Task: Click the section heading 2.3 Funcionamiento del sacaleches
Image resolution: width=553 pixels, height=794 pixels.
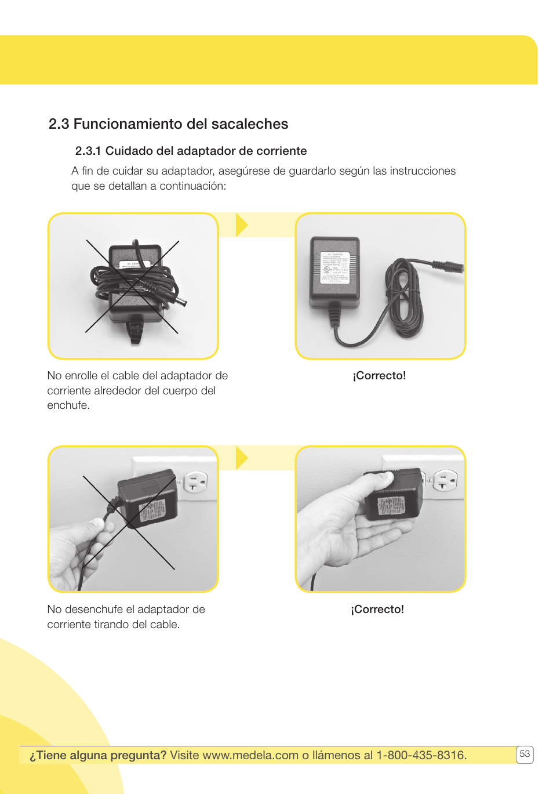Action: click(x=168, y=124)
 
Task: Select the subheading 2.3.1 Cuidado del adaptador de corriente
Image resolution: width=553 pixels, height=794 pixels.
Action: click(x=191, y=151)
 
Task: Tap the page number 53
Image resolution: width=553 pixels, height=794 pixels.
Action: click(x=525, y=754)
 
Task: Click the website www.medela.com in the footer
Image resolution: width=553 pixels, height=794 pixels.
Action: click(x=250, y=755)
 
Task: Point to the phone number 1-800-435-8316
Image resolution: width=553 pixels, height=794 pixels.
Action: click(x=421, y=755)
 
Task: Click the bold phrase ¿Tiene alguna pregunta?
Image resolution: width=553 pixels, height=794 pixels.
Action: click(x=98, y=755)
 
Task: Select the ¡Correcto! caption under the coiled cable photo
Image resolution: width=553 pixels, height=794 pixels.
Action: click(x=379, y=376)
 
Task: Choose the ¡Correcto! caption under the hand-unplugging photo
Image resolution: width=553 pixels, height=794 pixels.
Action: click(x=377, y=610)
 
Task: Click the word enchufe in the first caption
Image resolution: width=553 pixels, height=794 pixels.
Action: click(x=67, y=405)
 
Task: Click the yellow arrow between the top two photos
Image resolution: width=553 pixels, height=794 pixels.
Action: click(x=242, y=225)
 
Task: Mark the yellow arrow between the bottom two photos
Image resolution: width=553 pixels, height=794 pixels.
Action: click(x=242, y=458)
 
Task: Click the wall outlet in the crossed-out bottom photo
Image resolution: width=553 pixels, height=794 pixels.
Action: click(x=196, y=481)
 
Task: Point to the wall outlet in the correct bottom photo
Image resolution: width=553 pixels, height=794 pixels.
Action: click(x=446, y=480)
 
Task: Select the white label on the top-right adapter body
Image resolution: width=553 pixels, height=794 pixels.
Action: click(x=335, y=267)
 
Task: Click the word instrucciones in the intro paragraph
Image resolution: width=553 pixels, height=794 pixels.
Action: click(x=423, y=171)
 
